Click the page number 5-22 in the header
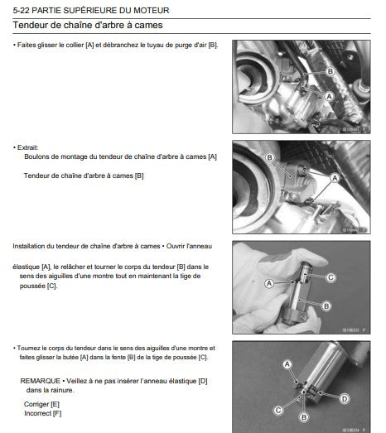(22, 11)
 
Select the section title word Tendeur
(29, 25)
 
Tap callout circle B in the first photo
(330, 71)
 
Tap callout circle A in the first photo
(329, 96)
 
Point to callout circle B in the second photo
(269, 157)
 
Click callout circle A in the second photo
(335, 178)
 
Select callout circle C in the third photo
(331, 277)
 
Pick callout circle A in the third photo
(269, 283)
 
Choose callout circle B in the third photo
(326, 306)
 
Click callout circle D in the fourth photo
(345, 399)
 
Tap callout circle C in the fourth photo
(278, 410)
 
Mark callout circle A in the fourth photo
(287, 364)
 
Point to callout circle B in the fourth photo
(304, 417)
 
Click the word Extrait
(27, 147)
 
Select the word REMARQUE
(41, 381)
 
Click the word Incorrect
(38, 413)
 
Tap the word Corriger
(36, 404)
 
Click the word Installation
(29, 246)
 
